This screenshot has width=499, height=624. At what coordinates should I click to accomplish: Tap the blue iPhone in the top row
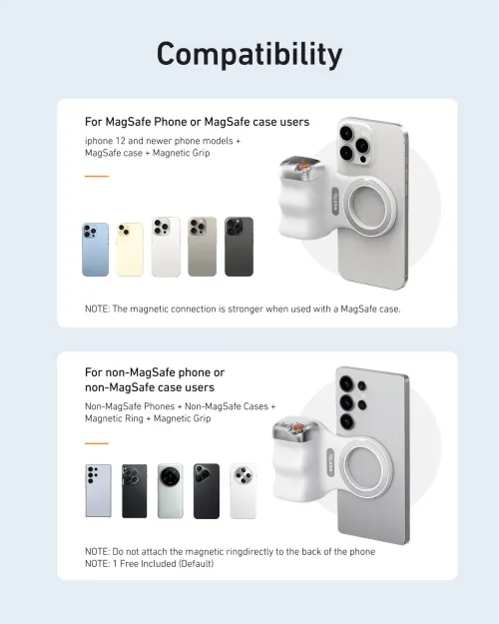point(96,249)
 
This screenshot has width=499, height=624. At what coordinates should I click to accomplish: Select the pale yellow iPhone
point(130,249)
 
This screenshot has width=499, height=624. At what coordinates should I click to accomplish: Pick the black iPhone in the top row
point(239,247)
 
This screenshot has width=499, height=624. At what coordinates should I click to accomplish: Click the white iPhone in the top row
point(166,247)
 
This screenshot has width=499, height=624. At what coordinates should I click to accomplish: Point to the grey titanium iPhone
point(202,247)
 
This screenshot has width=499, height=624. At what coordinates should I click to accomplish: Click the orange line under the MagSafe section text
point(97,177)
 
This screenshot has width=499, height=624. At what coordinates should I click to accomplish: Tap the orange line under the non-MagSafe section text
point(97,443)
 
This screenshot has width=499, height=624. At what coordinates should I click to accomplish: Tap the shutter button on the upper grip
point(300,164)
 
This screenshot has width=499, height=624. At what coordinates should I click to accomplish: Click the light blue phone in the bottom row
point(98,490)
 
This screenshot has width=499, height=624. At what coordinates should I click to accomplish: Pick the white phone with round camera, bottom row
point(243,490)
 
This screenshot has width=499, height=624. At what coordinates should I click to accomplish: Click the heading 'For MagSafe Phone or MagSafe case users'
point(198,122)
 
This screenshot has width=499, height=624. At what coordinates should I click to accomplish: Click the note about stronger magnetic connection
point(243,309)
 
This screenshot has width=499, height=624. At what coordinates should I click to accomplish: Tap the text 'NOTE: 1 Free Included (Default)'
point(150,564)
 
